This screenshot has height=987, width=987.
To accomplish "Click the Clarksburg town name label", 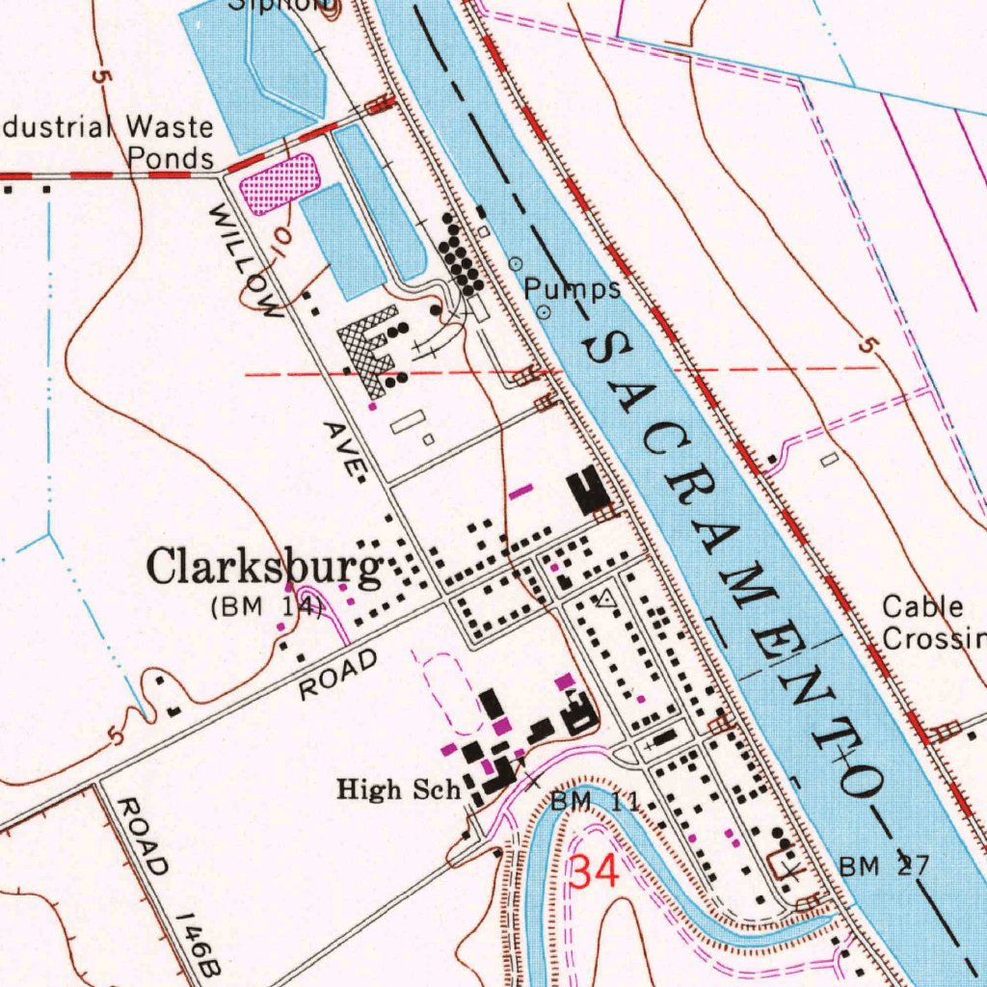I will pyautogui.click(x=263, y=569).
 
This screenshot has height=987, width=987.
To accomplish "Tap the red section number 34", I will pyautogui.click(x=594, y=872).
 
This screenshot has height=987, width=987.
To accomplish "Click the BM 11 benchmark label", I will pyautogui.click(x=595, y=801).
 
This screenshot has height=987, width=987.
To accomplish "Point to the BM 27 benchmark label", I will pyautogui.click(x=884, y=866).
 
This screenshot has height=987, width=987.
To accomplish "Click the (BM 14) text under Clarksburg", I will pyautogui.click(x=266, y=607).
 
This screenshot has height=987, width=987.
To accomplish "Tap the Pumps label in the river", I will pyautogui.click(x=573, y=288).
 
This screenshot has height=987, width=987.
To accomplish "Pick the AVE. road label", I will pyautogui.click(x=345, y=449).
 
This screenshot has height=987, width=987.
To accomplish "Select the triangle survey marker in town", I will pyautogui.click(x=605, y=600).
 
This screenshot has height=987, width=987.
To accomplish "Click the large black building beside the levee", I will pyautogui.click(x=589, y=491).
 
